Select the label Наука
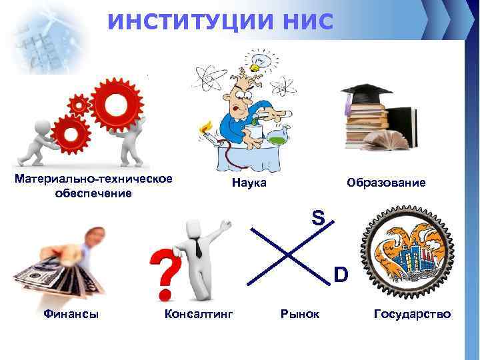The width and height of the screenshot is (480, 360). click(249, 182)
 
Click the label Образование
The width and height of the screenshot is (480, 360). click(385, 182)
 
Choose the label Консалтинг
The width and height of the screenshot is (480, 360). click(198, 313)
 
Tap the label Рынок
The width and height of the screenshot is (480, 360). click(300, 313)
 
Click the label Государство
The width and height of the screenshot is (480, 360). click(412, 313)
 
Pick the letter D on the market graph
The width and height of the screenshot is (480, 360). click(340, 274)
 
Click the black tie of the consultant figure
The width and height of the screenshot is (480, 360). click(199, 249)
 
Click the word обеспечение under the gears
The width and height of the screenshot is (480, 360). click(93, 193)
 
